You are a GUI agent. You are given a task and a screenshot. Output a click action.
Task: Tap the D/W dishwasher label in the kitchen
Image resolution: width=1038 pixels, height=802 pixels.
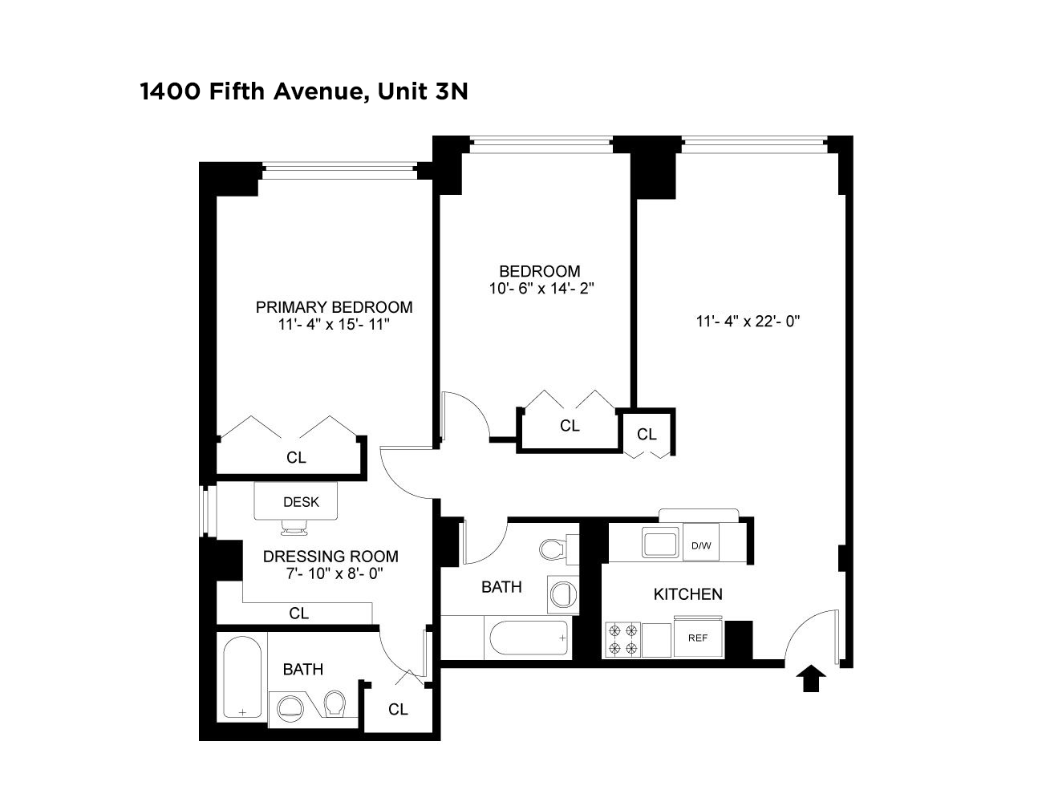(x=700, y=546)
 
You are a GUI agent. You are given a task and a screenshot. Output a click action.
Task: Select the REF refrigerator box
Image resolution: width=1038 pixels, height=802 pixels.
(x=698, y=638)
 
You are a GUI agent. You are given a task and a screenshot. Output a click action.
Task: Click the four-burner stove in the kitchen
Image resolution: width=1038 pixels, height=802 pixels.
(x=622, y=639)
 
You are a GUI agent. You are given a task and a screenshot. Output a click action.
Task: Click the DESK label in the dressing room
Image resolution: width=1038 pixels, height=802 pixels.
(x=301, y=502)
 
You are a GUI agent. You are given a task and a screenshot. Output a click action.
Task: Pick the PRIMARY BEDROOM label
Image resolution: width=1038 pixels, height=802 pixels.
(x=334, y=307)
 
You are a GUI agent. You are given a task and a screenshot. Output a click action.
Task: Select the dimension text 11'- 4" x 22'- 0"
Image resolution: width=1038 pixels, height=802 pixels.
(x=748, y=322)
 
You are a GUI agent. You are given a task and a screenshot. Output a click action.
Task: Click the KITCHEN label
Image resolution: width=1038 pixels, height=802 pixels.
(x=687, y=594)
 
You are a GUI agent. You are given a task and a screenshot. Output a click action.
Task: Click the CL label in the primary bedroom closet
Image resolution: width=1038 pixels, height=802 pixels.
(x=297, y=458)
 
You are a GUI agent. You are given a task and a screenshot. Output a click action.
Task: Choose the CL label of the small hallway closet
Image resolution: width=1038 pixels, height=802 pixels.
(x=647, y=435)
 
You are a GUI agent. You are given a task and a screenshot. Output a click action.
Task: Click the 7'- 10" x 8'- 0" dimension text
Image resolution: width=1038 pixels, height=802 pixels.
(x=330, y=573)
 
